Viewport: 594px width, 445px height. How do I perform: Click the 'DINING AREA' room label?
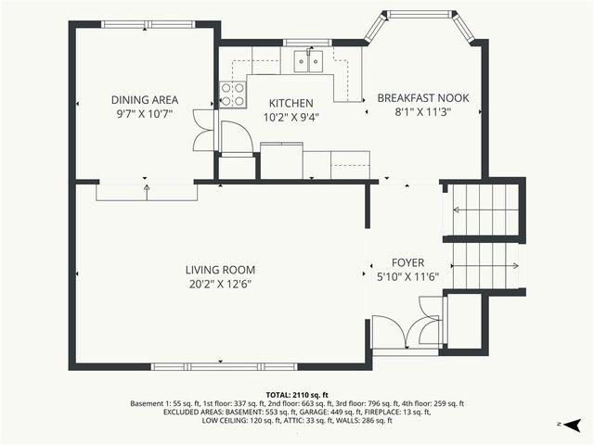pyautogui.click(x=145, y=100)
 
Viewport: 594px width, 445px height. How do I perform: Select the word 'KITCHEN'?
pyautogui.click(x=291, y=103)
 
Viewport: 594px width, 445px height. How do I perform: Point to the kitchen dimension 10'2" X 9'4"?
pyautogui.click(x=291, y=117)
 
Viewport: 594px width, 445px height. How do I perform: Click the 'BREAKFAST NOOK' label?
pyautogui.click(x=422, y=97)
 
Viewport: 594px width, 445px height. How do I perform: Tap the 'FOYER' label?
pyautogui.click(x=407, y=262)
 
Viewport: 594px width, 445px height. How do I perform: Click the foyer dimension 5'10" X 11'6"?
pyautogui.click(x=407, y=276)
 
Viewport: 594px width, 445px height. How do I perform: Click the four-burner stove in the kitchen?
pyautogui.click(x=233, y=95)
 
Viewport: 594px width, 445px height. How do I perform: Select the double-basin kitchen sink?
pyautogui.click(x=307, y=61)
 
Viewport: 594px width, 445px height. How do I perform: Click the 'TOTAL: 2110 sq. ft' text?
pyautogui.click(x=297, y=394)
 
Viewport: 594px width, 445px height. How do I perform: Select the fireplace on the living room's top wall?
pyautogui.click(x=147, y=189)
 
